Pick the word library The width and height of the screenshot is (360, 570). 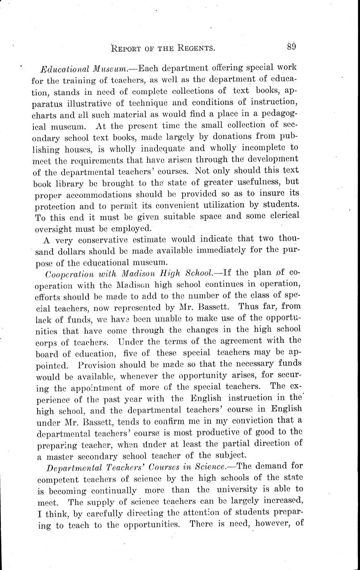point(73,181)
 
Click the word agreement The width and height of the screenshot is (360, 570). point(244,340)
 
